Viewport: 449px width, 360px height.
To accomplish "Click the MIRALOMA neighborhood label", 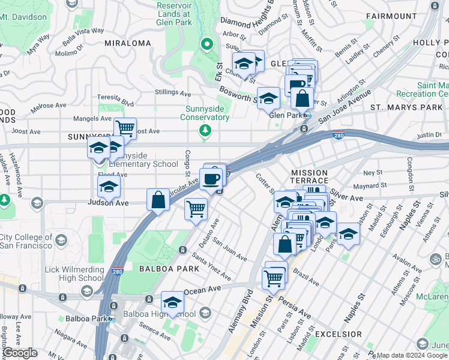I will tap(128, 43).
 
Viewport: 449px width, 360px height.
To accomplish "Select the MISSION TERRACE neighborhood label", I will tap(310, 176).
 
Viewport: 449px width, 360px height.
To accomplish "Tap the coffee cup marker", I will tap(210, 179).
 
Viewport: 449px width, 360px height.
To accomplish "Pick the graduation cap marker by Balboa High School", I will tap(172, 302).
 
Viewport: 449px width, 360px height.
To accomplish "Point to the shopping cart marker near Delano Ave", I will tap(196, 209).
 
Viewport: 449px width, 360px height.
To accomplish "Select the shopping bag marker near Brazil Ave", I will tap(285, 244).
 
